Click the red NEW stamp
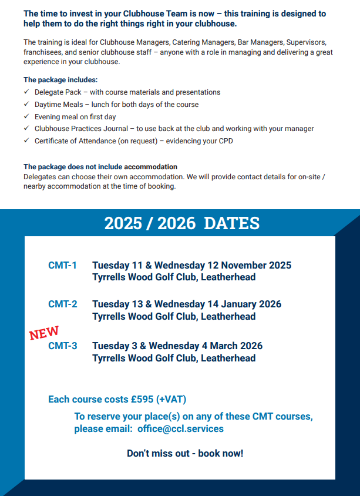pos(44,332)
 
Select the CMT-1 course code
pos(62,266)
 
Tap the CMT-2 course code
pos(62,304)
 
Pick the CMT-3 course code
pos(62,346)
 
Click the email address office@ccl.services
pos(180,429)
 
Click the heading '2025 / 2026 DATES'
pos(181,223)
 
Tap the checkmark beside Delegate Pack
pos(26,92)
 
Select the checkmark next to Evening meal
pos(26,117)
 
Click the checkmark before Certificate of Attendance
pos(26,141)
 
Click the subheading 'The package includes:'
pos(60,79)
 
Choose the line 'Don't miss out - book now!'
pos(185,453)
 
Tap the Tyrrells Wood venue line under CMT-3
pos(174,358)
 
